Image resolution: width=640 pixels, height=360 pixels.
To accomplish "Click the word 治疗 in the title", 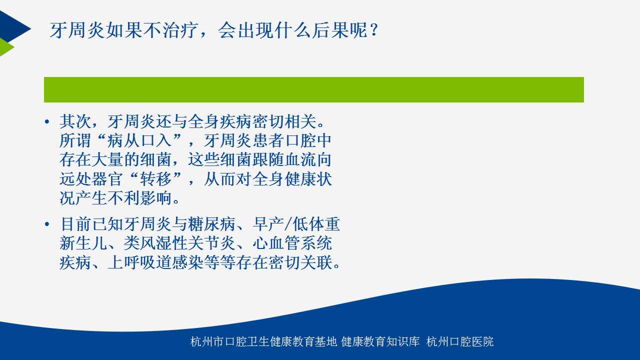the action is (x=180, y=30).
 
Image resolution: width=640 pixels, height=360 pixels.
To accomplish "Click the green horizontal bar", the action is (x=313, y=89).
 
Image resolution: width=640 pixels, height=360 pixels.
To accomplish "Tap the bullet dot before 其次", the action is (x=47, y=122).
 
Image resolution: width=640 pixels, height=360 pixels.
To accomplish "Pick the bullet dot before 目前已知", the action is (x=47, y=224).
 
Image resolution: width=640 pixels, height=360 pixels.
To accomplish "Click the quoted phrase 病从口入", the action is (x=139, y=140).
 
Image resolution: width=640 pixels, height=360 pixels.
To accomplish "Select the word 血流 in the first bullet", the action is (x=300, y=159).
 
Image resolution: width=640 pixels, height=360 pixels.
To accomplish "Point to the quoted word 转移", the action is (x=155, y=179).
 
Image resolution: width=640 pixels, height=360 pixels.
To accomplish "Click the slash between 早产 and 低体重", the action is (x=288, y=224).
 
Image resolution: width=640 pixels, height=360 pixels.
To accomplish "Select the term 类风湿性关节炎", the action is (x=179, y=243).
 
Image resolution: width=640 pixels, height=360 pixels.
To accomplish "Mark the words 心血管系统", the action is (x=292, y=243).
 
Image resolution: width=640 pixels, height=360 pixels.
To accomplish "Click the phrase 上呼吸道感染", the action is (x=155, y=262).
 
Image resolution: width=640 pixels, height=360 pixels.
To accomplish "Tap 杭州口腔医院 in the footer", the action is (x=460, y=341).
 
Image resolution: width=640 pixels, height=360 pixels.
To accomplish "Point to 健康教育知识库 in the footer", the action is (x=380, y=341).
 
